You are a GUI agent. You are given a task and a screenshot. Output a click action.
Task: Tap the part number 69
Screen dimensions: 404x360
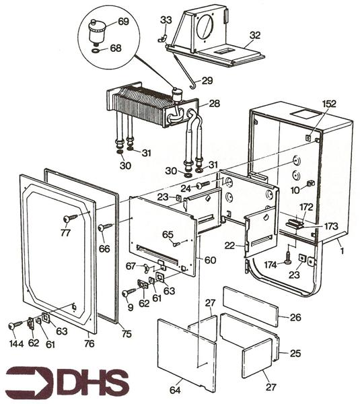[x=123, y=22]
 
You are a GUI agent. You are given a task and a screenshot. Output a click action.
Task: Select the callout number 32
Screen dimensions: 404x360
[x=254, y=35]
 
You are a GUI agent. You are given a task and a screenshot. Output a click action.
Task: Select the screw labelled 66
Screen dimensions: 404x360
[x=103, y=228]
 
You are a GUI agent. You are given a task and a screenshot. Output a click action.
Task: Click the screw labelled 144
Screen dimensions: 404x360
[x=15, y=325]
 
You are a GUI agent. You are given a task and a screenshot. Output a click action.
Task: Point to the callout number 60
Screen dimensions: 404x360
[x=210, y=261]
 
